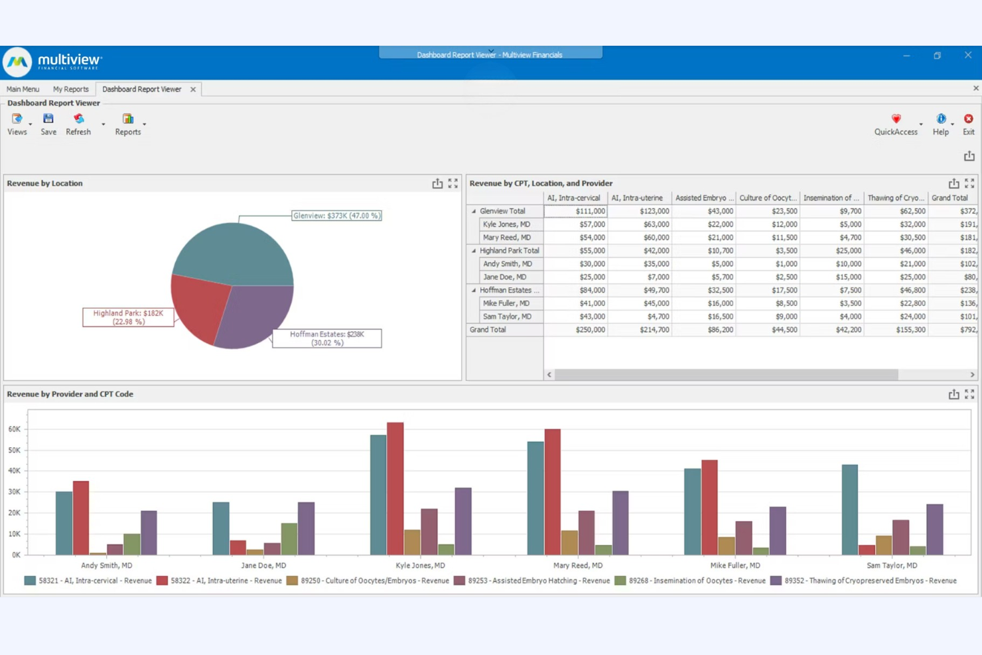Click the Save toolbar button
(x=48, y=123)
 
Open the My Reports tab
(x=70, y=89)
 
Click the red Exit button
(x=968, y=123)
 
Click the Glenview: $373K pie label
(x=336, y=216)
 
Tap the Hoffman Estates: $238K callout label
(x=327, y=338)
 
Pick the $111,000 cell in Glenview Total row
(x=575, y=211)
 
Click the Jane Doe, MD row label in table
(x=504, y=277)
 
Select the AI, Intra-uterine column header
(x=637, y=198)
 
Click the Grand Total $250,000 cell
(x=575, y=330)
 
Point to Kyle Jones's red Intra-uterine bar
(x=395, y=488)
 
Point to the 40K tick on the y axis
(x=15, y=471)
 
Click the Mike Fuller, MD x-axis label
(x=735, y=565)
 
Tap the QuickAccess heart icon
(x=896, y=119)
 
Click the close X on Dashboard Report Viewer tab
(x=193, y=90)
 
